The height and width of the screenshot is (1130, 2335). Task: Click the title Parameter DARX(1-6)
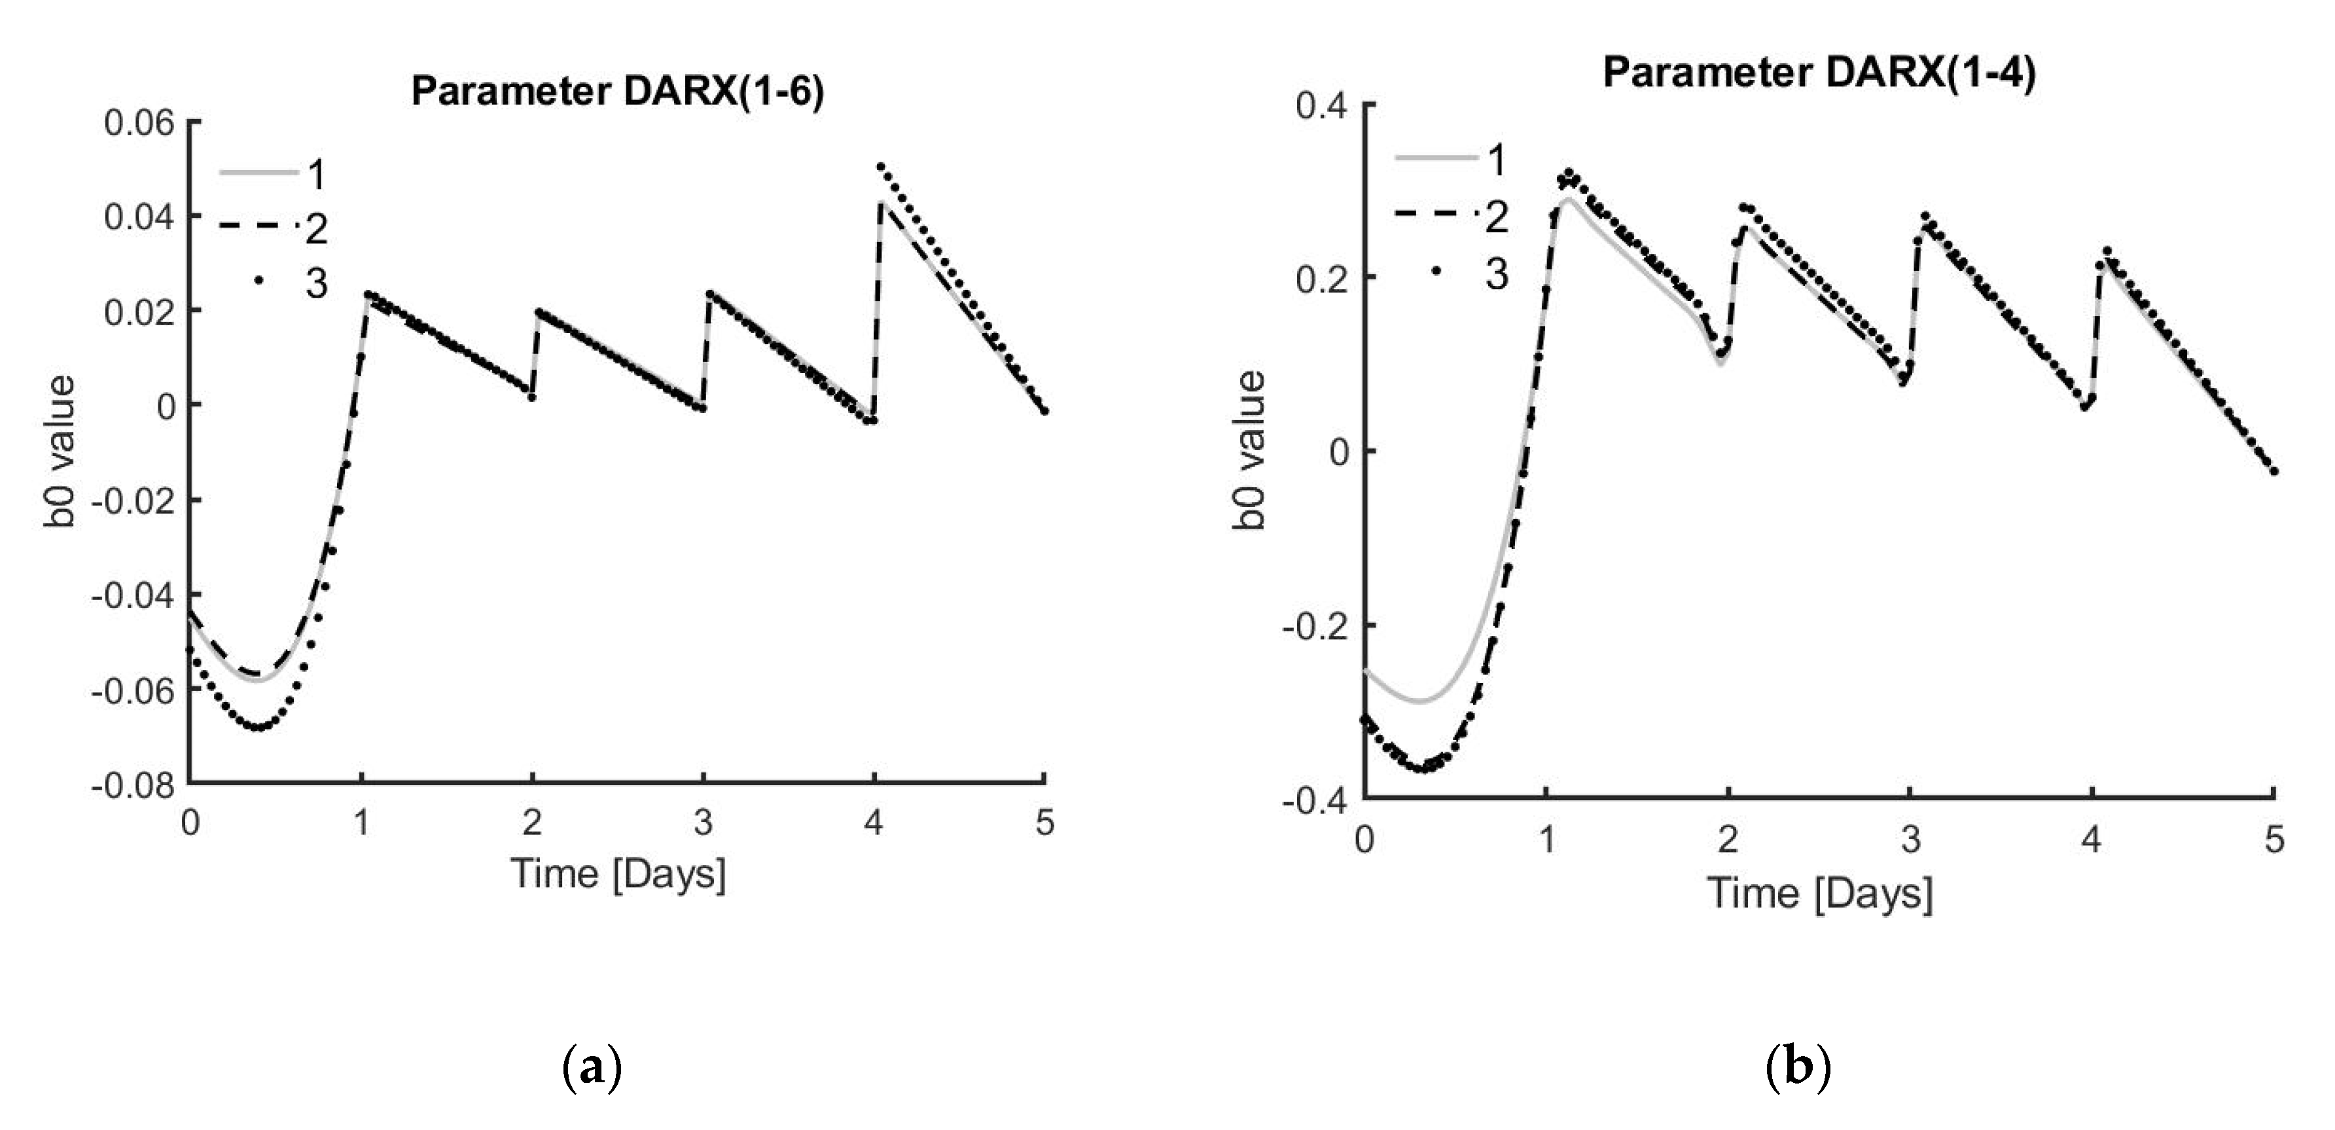pos(617,92)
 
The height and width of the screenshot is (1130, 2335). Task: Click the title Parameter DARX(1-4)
pos(1818,73)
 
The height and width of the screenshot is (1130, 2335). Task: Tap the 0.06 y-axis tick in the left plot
pos(139,122)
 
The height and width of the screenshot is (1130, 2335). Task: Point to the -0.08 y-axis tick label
pos(134,785)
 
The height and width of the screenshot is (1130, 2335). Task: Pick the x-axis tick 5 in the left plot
pos(1044,823)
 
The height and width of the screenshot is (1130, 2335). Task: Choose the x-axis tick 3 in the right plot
pos(1910,841)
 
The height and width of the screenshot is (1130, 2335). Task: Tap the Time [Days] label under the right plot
pos(1819,894)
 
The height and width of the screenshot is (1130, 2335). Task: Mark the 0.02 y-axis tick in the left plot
pos(139,311)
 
